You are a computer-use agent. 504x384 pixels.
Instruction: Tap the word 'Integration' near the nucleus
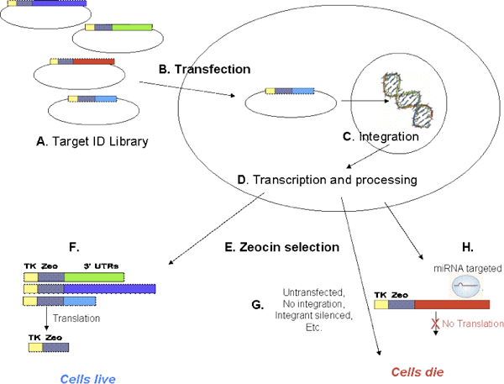(389, 136)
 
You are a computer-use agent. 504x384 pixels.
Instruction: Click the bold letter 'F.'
(74, 249)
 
